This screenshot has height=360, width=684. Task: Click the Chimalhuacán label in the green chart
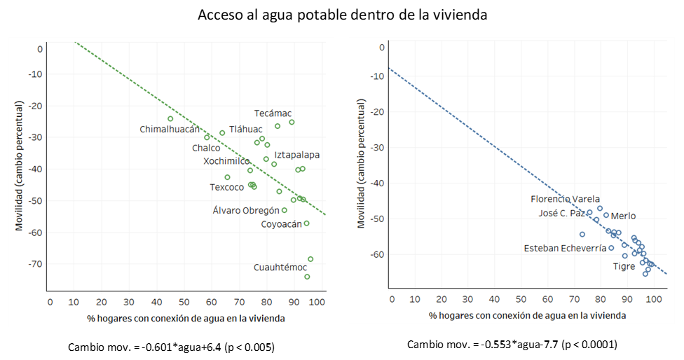[170, 130]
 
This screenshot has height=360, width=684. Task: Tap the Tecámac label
[273, 113]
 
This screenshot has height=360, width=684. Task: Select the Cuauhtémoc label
[280, 268]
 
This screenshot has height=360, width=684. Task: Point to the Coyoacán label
[281, 224]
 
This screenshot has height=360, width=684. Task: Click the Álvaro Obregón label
[250, 210]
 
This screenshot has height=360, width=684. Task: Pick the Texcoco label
[227, 187]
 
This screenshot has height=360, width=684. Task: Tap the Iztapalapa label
[297, 155]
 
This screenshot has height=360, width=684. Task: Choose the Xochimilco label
[226, 161]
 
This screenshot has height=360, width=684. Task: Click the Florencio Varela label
[565, 199]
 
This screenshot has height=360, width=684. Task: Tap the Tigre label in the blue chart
[624, 266]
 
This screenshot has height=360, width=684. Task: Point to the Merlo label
[624, 216]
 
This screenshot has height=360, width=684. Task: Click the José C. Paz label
[563, 213]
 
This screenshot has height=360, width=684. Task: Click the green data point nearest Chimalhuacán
[170, 118]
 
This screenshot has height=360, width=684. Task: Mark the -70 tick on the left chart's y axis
[35, 264]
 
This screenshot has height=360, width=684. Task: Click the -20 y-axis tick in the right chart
[377, 112]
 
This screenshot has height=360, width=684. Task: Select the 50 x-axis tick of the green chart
[184, 302]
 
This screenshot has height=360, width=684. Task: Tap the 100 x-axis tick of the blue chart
[653, 300]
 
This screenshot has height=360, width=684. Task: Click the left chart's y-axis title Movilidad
[20, 165]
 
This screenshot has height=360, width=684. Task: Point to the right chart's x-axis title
[527, 316]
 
